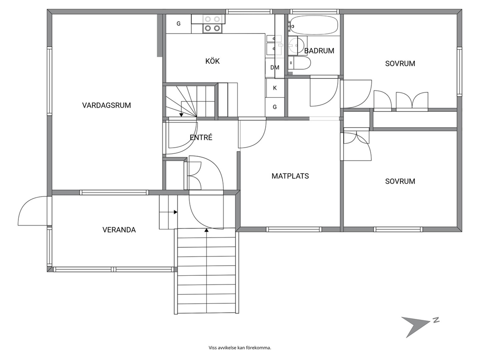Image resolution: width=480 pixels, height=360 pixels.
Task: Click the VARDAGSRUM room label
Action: click(106, 105)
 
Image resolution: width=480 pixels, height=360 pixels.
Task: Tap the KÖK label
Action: click(212, 61)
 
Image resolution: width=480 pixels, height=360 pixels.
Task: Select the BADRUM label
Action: click(319, 51)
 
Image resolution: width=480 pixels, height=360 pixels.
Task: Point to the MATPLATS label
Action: click(290, 176)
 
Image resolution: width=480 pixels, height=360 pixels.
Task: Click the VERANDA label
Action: click(119, 230)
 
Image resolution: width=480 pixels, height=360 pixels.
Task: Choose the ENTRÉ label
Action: click(201, 137)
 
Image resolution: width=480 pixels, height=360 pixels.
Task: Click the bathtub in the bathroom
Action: click(314, 25)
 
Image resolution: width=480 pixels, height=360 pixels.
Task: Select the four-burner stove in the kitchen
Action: click(212, 24)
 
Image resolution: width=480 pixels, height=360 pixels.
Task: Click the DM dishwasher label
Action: click(275, 67)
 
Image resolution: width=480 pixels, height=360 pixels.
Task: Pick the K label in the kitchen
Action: click(275, 88)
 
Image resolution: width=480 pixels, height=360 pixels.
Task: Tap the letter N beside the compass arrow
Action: click(436, 320)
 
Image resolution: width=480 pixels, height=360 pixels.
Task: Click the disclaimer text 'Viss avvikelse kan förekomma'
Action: click(240, 348)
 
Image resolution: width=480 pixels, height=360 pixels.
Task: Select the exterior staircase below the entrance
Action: click(207, 271)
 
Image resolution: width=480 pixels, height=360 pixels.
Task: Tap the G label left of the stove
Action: click(179, 24)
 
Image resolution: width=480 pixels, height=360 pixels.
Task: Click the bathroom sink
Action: click(293, 45)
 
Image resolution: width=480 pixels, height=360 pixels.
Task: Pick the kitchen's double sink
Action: click(274, 44)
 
